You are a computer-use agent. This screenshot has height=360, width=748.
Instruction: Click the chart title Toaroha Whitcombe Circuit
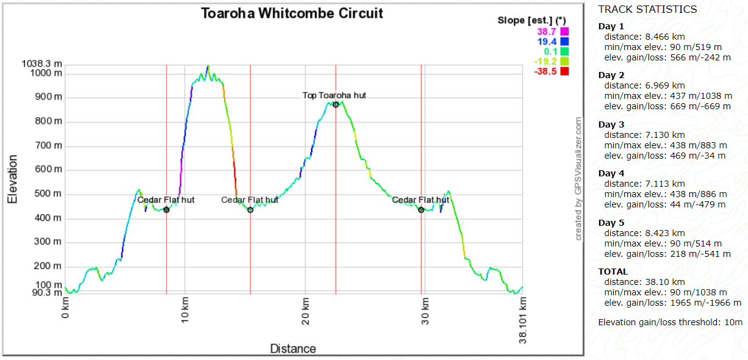point(292,13)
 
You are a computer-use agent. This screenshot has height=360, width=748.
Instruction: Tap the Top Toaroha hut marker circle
point(336,104)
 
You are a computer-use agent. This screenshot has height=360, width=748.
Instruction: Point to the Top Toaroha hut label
point(334,95)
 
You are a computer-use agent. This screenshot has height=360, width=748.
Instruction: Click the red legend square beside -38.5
point(564,71)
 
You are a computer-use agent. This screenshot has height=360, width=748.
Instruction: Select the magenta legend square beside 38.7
point(564,32)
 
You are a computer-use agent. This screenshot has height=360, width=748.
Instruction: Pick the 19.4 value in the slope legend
point(547,41)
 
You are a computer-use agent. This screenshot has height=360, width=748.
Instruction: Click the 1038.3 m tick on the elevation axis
point(41,63)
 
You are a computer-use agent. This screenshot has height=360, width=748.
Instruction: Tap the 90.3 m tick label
point(45,293)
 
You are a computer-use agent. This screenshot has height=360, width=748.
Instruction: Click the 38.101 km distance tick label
point(523,321)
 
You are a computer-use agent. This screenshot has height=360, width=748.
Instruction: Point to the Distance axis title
point(293,349)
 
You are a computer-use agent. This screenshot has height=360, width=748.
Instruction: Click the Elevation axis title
point(12,178)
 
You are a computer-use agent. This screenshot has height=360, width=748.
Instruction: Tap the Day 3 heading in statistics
point(611,124)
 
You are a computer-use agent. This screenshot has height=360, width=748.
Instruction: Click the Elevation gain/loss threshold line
point(670,322)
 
